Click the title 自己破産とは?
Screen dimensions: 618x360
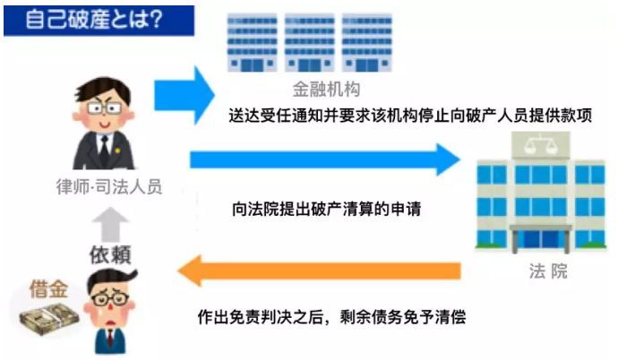coord(94,20)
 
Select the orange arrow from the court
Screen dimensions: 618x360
coord(319,270)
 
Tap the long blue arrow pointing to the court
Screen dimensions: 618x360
coord(325,159)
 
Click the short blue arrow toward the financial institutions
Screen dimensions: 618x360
coord(185,95)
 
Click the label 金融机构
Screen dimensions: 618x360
coord(326,89)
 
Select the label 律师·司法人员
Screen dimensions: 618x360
coord(109,186)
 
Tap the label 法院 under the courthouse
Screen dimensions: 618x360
coord(548,271)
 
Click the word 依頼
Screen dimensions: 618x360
coord(110,254)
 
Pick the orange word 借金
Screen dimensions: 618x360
coord(49,289)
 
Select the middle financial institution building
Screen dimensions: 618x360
coord(309,43)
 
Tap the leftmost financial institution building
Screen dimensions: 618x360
coord(253,43)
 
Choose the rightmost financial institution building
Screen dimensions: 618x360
coord(367,43)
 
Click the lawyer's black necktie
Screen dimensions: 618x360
coord(105,150)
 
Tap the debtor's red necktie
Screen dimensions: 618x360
coord(111,340)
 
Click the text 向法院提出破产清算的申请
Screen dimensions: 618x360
coord(326,209)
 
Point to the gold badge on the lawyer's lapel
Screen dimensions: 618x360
coord(117,150)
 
